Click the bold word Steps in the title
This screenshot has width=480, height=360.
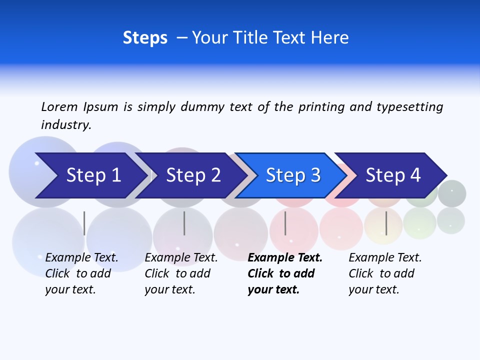click(x=145, y=38)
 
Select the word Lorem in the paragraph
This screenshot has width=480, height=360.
click(x=59, y=106)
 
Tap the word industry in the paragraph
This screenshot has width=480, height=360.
click(x=65, y=124)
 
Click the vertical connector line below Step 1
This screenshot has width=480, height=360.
click(x=84, y=223)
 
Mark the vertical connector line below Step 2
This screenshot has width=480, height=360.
click(x=184, y=223)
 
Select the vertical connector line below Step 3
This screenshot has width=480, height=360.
click(x=285, y=223)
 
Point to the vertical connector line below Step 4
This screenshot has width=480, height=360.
click(x=386, y=223)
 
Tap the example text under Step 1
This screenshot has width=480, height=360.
click(x=81, y=273)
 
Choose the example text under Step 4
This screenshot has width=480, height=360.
click(x=385, y=273)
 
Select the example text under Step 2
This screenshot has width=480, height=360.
click(x=181, y=273)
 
